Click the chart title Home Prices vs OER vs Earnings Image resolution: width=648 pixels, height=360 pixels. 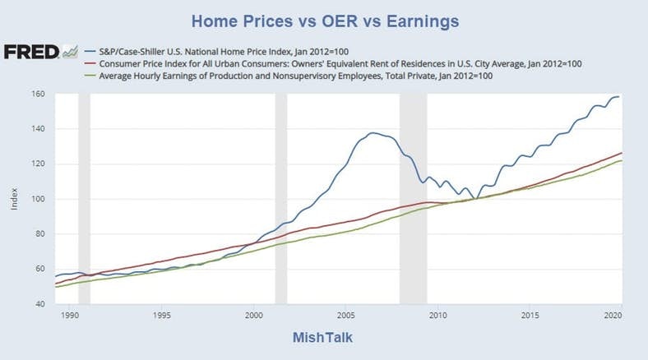[x=325, y=19]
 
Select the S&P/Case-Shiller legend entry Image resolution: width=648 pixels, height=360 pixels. [x=247, y=49]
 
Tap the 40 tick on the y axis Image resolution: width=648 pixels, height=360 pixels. [x=39, y=304]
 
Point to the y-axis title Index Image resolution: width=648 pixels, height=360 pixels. [x=14, y=199]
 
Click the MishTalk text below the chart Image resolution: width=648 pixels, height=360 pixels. [x=324, y=338]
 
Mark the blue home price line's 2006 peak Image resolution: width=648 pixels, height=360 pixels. [x=373, y=132]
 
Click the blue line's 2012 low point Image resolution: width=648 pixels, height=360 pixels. [x=475, y=198]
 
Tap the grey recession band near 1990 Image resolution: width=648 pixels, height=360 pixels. [x=83, y=198]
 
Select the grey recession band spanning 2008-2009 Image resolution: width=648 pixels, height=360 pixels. [x=413, y=198]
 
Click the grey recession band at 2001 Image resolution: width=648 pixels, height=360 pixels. [x=280, y=198]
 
